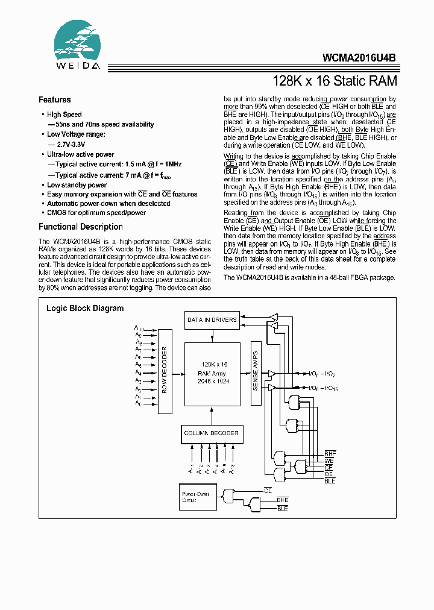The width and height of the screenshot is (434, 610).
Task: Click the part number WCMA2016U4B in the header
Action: pyautogui.click(x=360, y=59)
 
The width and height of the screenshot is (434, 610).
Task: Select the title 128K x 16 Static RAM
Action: pyautogui.click(x=335, y=81)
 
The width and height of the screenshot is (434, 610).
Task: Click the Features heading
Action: pyautogui.click(x=55, y=100)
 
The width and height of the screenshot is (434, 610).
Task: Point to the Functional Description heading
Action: pyautogui.click(x=81, y=227)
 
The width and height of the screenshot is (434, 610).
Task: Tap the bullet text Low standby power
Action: pyautogui.click(x=77, y=185)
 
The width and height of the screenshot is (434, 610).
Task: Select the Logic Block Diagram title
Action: pyautogui.click(x=85, y=308)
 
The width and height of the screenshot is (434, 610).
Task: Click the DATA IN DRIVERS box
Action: pyautogui.click(x=212, y=320)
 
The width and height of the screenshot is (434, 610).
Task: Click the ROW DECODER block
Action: pyautogui.click(x=165, y=370)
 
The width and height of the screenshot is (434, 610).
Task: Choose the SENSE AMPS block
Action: pyautogui.click(x=255, y=373)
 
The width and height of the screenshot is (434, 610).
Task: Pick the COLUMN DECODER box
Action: pyautogui.click(x=211, y=433)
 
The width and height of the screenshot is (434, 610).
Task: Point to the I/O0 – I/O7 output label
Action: pyautogui.click(x=323, y=374)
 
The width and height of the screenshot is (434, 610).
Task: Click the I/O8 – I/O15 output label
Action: pyautogui.click(x=323, y=388)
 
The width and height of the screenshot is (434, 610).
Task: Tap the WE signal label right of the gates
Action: pyautogui.click(x=329, y=460)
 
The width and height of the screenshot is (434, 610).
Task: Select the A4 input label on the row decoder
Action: pyautogui.click(x=138, y=373)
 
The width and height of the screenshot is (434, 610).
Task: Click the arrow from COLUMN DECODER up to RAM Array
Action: pyautogui.click(x=211, y=415)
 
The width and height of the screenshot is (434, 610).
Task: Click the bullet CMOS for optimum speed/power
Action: pyautogui.click(x=96, y=212)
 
